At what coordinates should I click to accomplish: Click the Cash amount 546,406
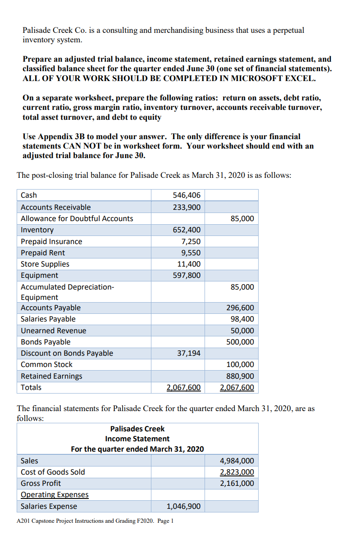coord(187,195)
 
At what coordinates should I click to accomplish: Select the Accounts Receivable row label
coord(56,207)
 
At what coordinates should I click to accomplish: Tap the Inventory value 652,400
coord(187,230)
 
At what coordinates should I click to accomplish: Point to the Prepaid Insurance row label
coord(52,241)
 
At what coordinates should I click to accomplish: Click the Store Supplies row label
coord(45,264)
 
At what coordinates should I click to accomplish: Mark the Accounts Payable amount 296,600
coord(240,308)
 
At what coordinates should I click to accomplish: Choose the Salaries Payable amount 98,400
coord(242,319)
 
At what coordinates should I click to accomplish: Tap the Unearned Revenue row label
coord(54,331)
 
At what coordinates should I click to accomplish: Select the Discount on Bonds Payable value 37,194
coord(189,353)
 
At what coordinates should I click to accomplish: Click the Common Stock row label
coord(47,364)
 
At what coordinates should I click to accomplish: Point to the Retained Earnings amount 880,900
coord(240,376)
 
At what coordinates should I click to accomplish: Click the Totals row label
coord(31,387)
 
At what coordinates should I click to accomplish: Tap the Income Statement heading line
coord(137,439)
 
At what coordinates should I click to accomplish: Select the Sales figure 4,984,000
coord(237,461)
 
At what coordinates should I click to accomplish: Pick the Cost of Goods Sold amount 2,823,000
coord(237,472)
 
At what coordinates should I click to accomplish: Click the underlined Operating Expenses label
coord(55,495)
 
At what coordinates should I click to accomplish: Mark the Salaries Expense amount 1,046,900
coord(183,507)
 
